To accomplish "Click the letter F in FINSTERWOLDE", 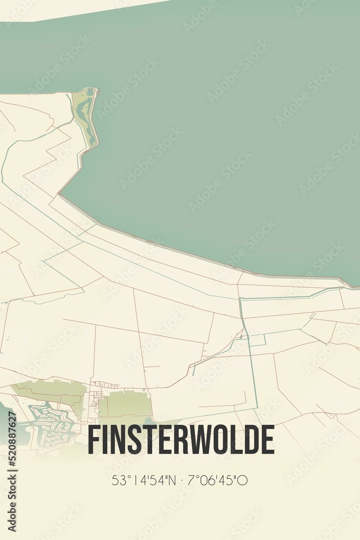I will coord(93,440).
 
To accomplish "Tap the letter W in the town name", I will coord(201,440).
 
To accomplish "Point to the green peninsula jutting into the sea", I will coord(86,116).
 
